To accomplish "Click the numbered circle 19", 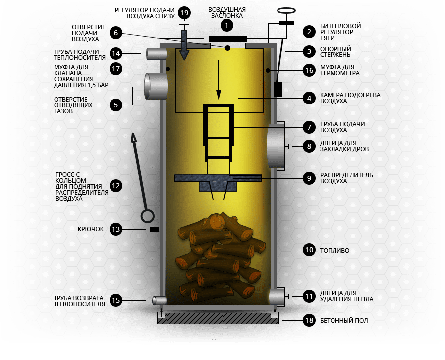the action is click(x=184, y=13).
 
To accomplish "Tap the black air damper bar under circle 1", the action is click(x=227, y=39).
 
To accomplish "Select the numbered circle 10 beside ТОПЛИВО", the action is click(x=309, y=250).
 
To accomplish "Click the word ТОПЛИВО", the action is click(x=334, y=251).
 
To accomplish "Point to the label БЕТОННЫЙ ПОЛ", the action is click(x=344, y=321).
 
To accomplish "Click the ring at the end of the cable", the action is click(x=147, y=216).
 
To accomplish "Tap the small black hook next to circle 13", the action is click(x=155, y=229).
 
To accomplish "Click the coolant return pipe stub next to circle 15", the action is click(x=160, y=301).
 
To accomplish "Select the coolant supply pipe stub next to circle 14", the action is click(x=157, y=53).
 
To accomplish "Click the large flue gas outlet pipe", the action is click(x=156, y=86).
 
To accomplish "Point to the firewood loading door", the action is click(x=276, y=147).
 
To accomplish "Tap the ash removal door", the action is click(x=277, y=297).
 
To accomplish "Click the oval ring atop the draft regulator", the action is click(x=286, y=11).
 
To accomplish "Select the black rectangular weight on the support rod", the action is click(x=278, y=89).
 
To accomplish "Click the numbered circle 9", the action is click(x=309, y=178).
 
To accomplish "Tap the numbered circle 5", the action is click(x=116, y=105).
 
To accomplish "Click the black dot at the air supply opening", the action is click(x=227, y=48).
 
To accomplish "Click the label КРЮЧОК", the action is click(x=91, y=229).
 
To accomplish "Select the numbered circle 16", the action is click(x=309, y=70).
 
